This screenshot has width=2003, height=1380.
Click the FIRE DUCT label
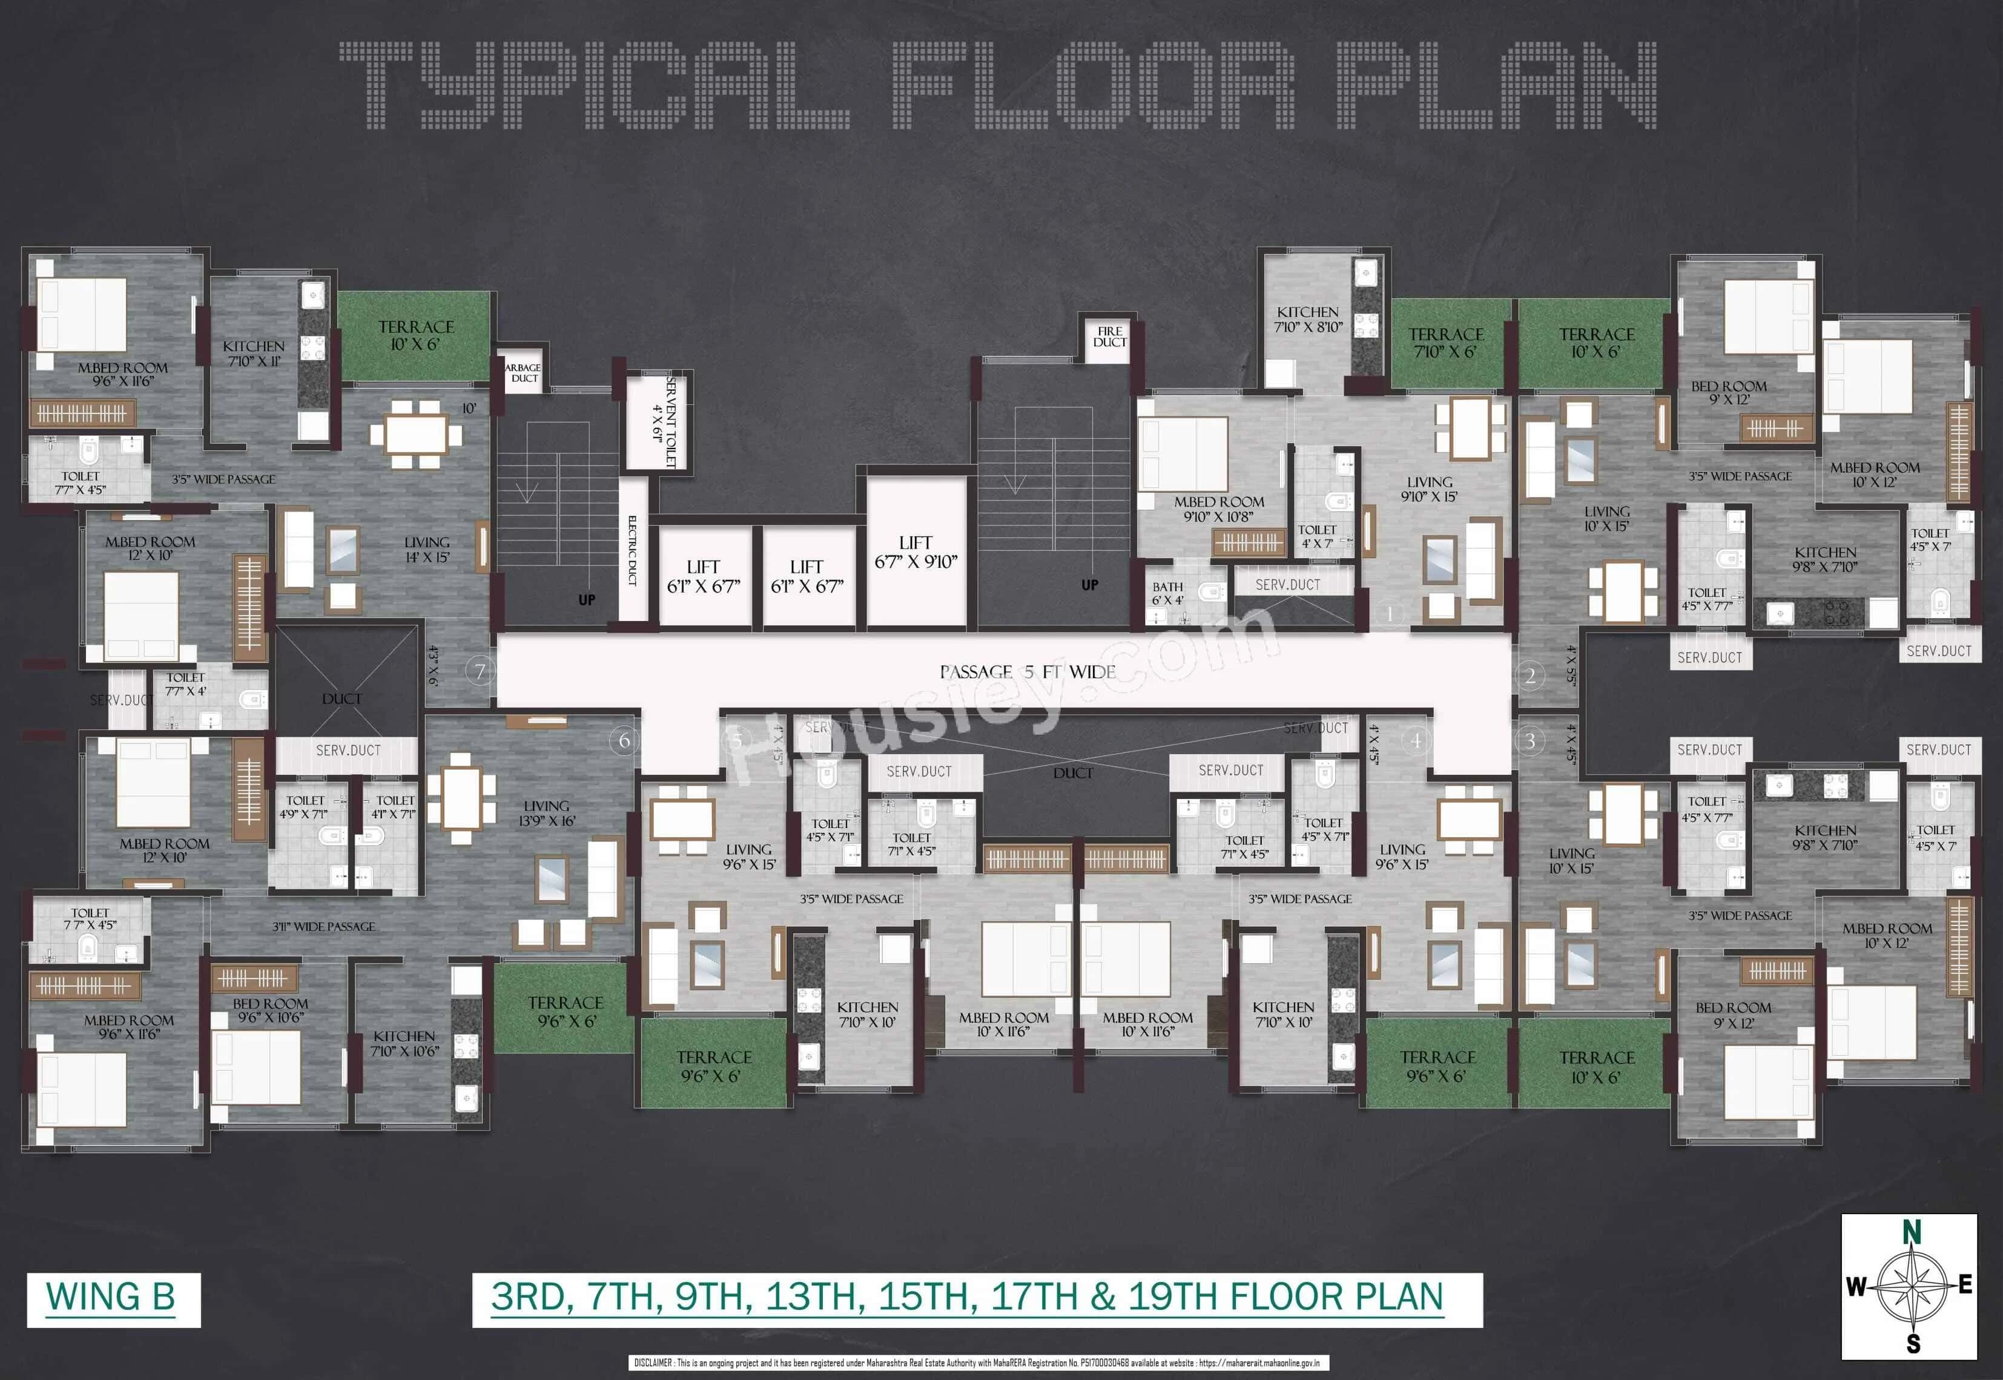pyautogui.click(x=1110, y=337)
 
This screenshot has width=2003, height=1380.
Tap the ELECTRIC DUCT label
pyautogui.click(x=632, y=551)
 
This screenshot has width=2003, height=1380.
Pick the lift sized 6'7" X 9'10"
pyautogui.click(x=916, y=551)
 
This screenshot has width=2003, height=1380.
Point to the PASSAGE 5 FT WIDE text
pyautogui.click(x=1028, y=672)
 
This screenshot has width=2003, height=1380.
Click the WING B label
pyautogui.click(x=111, y=1297)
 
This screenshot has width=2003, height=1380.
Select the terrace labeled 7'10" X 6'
pyautogui.click(x=1445, y=343)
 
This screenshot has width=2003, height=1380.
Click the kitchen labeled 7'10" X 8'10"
pyautogui.click(x=1308, y=319)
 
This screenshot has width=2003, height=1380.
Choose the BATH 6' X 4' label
pyautogui.click(x=1167, y=593)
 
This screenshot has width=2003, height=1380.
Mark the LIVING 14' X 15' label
pyautogui.click(x=427, y=550)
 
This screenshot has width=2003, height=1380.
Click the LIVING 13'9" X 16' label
pyautogui.click(x=547, y=813)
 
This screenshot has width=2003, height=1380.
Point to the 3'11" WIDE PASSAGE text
pyautogui.click(x=323, y=926)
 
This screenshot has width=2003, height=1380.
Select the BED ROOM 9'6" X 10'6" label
pyautogui.click(x=270, y=1010)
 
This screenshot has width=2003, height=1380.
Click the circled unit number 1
pyautogui.click(x=1390, y=614)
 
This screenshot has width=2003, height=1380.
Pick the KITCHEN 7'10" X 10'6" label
pyautogui.click(x=404, y=1043)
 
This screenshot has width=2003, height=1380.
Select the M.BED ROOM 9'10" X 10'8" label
pyautogui.click(x=1219, y=508)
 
